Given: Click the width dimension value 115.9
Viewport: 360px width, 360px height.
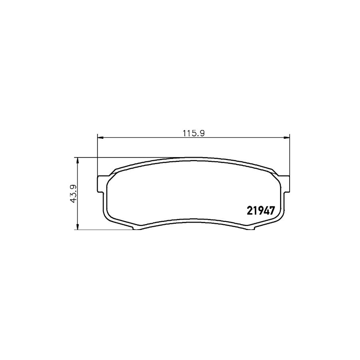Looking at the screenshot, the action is coord(193,133).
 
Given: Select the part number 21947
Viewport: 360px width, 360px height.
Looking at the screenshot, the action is coord(260,210).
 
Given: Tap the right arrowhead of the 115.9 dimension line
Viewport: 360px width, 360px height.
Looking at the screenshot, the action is coord(286,138).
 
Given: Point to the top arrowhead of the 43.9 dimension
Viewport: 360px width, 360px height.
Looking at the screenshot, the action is coord(78,161).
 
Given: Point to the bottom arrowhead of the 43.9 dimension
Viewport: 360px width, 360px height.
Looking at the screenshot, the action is coord(78,226).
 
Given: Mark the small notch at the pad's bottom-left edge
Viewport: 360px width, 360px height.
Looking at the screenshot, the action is coord(136,228).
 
